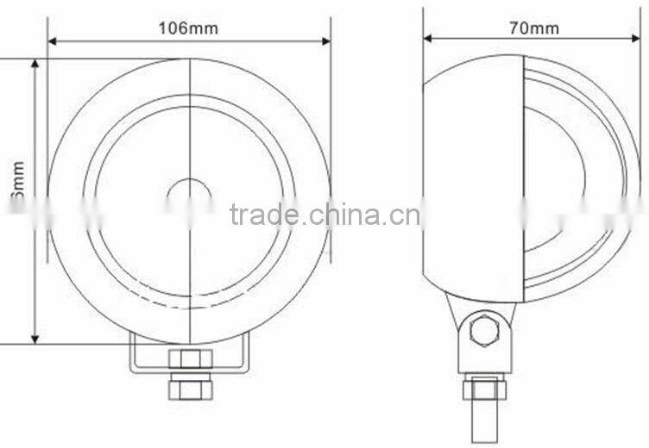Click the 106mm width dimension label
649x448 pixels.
187,28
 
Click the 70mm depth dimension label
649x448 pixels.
533,28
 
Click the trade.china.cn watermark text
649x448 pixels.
325,213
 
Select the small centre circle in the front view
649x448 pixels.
189,197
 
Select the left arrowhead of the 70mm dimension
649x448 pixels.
428,38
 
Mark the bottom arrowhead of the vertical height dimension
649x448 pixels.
35,338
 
